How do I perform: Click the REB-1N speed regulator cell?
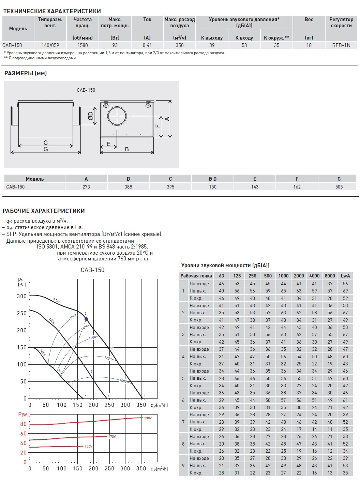click(341, 45)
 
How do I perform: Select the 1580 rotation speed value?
click(82, 45)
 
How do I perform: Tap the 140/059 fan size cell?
click(50, 45)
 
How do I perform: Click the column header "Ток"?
click(147, 19)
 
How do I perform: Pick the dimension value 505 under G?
click(339, 187)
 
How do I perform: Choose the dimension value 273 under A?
click(86, 187)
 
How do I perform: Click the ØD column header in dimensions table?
click(213, 179)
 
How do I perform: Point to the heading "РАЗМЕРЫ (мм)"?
click(26, 73)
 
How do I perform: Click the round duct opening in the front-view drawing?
click(117, 116)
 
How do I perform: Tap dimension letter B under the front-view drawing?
click(127, 149)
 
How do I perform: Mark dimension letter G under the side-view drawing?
click(46, 149)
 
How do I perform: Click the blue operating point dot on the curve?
click(86, 319)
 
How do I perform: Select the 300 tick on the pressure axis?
click(22, 296)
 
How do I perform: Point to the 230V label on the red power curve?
click(148, 418)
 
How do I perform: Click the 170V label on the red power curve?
click(112, 437)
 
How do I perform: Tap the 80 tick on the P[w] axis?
click(23, 424)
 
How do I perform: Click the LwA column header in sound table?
click(345, 276)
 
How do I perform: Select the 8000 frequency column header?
click(330, 276)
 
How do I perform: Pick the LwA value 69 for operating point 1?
click(345, 291)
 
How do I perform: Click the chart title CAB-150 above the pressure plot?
click(92, 270)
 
